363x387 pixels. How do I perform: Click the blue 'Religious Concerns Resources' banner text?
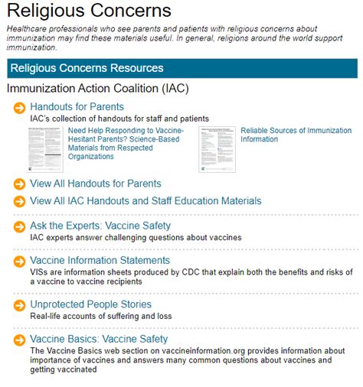click(86, 68)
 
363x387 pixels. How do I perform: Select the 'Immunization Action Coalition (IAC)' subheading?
click(97, 89)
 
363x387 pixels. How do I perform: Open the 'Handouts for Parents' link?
click(77, 107)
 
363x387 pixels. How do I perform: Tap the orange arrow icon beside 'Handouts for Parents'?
click(19, 108)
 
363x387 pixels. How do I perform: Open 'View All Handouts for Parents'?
click(95, 184)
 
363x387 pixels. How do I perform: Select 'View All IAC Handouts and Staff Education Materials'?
click(146, 201)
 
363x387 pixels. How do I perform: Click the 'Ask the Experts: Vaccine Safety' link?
click(100, 226)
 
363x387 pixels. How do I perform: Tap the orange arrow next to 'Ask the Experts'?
click(19, 227)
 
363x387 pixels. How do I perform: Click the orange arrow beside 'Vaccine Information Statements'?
click(19, 262)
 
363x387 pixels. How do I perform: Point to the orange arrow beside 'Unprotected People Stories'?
click(19, 305)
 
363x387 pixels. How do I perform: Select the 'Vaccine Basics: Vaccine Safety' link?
click(99, 339)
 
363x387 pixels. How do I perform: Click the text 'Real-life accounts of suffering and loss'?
click(100, 317)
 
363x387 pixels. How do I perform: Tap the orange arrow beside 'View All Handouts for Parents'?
click(19, 184)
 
